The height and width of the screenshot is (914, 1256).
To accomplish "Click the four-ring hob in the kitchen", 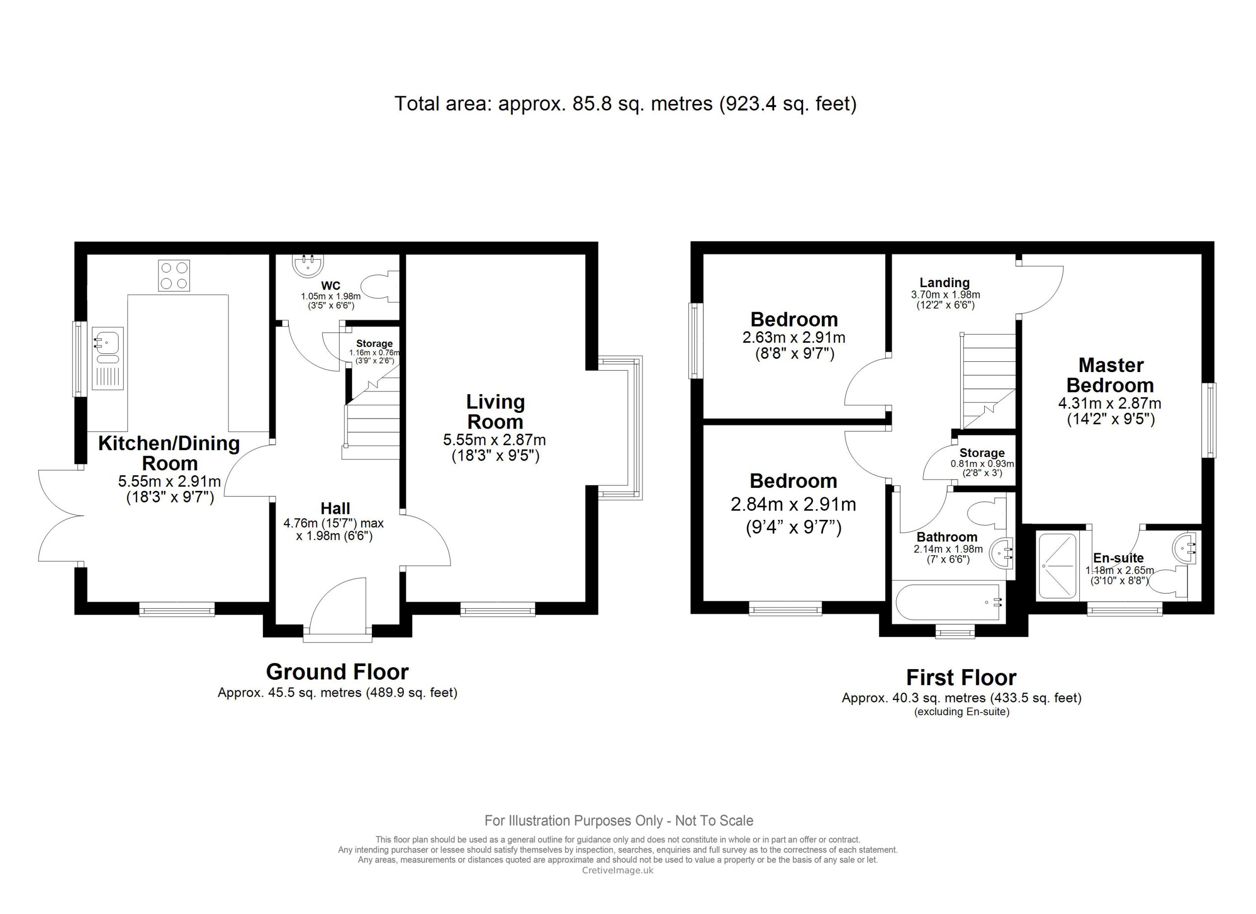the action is [174, 275].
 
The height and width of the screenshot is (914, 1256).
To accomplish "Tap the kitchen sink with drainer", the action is [107, 358].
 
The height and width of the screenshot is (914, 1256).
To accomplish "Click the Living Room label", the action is [495, 411].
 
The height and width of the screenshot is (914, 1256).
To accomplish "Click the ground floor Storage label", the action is [374, 344].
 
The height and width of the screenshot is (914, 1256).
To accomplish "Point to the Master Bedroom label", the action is [1111, 375].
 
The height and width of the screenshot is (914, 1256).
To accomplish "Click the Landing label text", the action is [945, 283].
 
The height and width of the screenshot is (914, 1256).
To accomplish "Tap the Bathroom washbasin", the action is [1002, 552].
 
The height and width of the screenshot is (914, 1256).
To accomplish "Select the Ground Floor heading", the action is [337, 672].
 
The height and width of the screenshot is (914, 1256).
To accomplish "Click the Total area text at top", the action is [625, 104].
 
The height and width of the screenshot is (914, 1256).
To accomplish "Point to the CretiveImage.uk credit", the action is [618, 870].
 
